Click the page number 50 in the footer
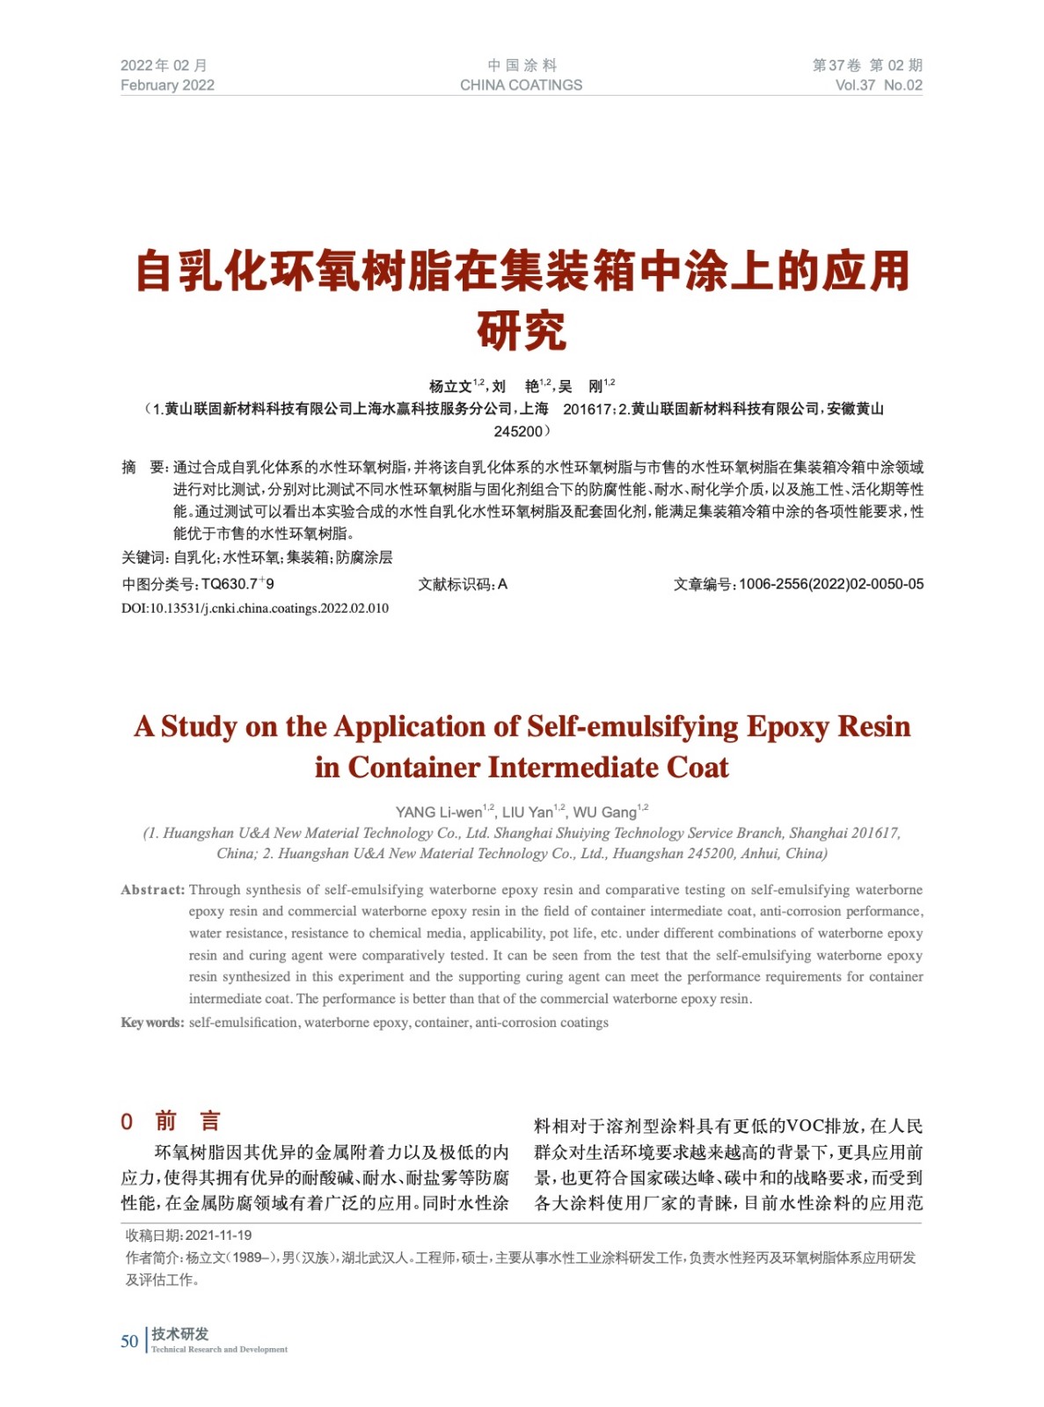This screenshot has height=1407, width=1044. (x=129, y=1341)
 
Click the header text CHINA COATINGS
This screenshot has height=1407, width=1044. (x=521, y=85)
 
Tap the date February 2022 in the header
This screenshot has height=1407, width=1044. (x=167, y=85)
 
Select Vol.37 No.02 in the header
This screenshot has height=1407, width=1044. (x=878, y=85)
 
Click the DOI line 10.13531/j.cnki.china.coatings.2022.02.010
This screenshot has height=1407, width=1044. (x=255, y=609)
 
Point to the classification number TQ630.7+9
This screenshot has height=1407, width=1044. (x=237, y=584)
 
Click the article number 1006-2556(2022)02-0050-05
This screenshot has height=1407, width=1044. (x=830, y=584)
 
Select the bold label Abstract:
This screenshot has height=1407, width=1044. (x=152, y=890)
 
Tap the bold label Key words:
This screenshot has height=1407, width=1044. (x=152, y=1023)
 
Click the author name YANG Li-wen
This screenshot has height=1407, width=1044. (x=439, y=812)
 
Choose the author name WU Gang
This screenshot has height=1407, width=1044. (x=604, y=812)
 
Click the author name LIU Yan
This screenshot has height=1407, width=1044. (x=528, y=812)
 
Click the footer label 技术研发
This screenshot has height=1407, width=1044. (x=179, y=1334)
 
